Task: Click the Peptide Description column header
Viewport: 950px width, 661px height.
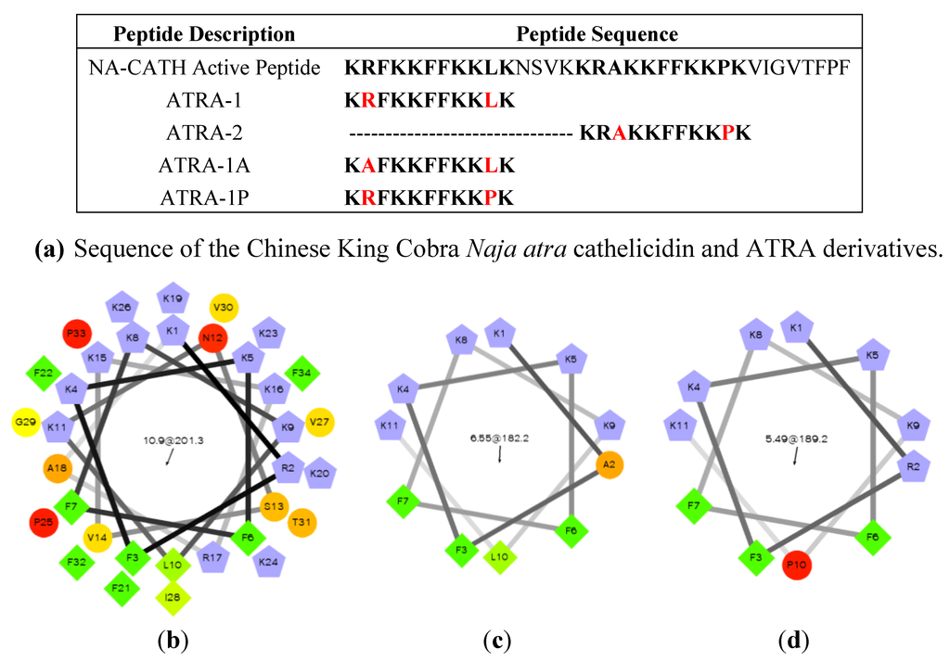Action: (x=203, y=35)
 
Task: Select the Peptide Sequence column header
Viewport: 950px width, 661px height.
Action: (x=597, y=35)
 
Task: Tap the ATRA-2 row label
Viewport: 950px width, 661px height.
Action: (x=203, y=133)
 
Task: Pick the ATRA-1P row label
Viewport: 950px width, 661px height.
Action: (x=203, y=197)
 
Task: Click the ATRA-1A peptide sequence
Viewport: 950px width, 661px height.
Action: (x=429, y=165)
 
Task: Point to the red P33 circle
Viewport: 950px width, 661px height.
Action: (x=77, y=334)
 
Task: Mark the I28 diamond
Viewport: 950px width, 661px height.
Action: (x=171, y=598)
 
